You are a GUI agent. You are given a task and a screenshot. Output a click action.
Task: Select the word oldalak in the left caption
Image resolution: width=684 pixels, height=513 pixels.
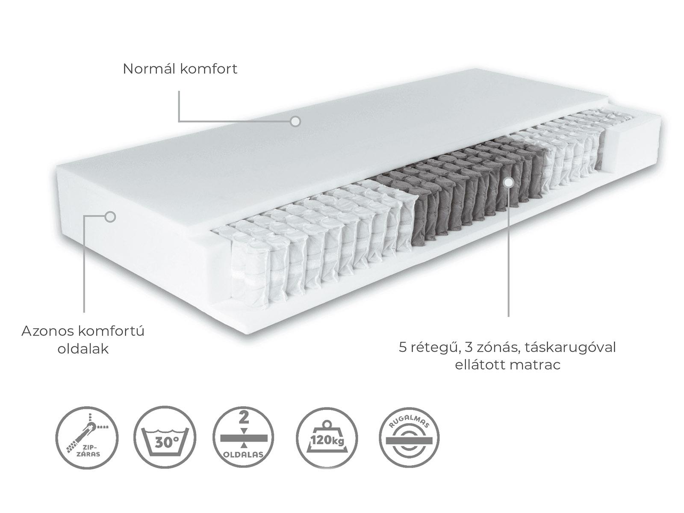pyautogui.click(x=83, y=349)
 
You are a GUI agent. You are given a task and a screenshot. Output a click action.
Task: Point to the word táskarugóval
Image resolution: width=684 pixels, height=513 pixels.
pyautogui.click(x=570, y=348)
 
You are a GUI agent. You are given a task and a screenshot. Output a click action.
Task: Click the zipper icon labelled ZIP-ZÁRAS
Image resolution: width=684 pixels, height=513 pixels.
pyautogui.click(x=87, y=437)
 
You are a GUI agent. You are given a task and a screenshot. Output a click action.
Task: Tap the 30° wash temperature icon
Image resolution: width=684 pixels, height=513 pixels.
pyautogui.click(x=165, y=437)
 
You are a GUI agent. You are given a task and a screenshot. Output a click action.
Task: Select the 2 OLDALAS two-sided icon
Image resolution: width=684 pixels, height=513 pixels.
pyautogui.click(x=243, y=437)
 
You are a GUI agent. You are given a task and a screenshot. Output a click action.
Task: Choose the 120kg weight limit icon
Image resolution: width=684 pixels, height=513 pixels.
pyautogui.click(x=327, y=437)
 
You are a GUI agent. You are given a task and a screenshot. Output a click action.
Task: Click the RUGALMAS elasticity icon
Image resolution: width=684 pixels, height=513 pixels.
pyautogui.click(x=409, y=437)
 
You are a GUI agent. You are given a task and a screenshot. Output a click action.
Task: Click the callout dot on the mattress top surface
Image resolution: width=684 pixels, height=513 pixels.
pyautogui.click(x=295, y=121)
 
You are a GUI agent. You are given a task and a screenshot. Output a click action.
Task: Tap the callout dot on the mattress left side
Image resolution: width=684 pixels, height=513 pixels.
pyautogui.click(x=110, y=217)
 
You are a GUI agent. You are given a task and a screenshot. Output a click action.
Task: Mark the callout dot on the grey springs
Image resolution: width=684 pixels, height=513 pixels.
pyautogui.click(x=509, y=182)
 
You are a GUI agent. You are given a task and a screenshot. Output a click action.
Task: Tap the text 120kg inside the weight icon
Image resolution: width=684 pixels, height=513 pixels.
pyautogui.click(x=327, y=440)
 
